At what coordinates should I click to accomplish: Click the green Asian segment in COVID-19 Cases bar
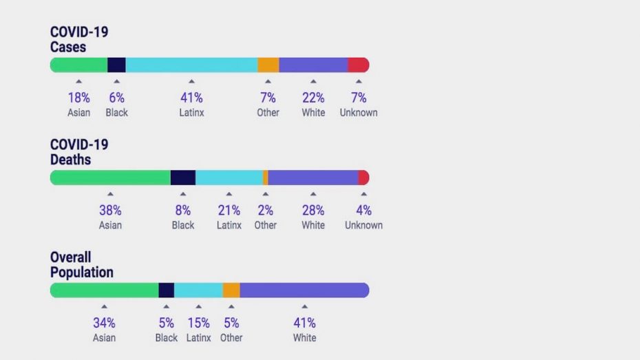click(78, 65)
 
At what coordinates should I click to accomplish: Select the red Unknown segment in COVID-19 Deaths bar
click(363, 178)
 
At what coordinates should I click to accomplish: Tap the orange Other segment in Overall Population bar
click(231, 290)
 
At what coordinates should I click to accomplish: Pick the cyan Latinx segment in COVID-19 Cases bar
click(191, 65)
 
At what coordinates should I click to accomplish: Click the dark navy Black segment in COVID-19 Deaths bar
click(182, 178)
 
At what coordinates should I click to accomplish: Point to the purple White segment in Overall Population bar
click(304, 290)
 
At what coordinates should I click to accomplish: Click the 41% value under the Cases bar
click(191, 98)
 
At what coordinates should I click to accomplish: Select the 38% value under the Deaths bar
click(110, 211)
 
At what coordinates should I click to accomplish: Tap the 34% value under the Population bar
click(104, 323)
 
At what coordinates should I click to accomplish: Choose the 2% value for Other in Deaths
click(266, 211)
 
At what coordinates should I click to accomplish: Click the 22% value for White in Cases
click(313, 98)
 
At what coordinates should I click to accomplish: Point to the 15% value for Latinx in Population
click(198, 323)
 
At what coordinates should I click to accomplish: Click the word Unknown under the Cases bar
click(359, 112)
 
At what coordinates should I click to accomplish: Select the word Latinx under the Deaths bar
click(229, 225)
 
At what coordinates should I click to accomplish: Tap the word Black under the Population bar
click(167, 338)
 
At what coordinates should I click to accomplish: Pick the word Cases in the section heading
click(67, 47)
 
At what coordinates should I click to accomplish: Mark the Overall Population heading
click(81, 265)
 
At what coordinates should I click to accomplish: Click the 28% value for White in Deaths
click(313, 211)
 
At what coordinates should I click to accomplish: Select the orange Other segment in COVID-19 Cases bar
click(268, 65)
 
